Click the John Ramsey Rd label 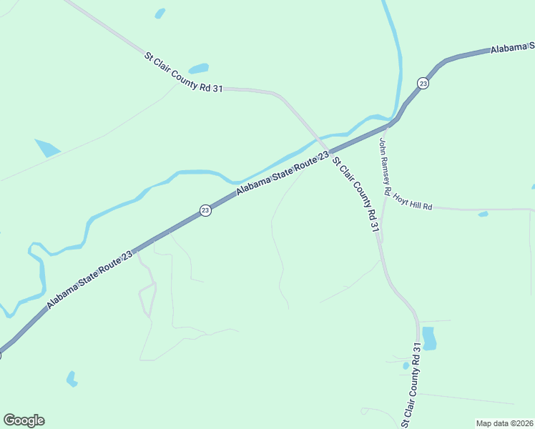[384, 167]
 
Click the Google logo [24, 420]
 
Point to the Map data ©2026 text [504, 423]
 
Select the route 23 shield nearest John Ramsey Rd [423, 84]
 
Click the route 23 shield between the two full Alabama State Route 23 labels [205, 210]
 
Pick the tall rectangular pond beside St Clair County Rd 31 [429, 337]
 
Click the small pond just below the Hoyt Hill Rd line [484, 214]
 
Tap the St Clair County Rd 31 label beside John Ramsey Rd [355, 194]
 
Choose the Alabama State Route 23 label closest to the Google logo [90, 280]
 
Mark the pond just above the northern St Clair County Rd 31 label [199, 69]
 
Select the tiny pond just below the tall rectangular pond [406, 366]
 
